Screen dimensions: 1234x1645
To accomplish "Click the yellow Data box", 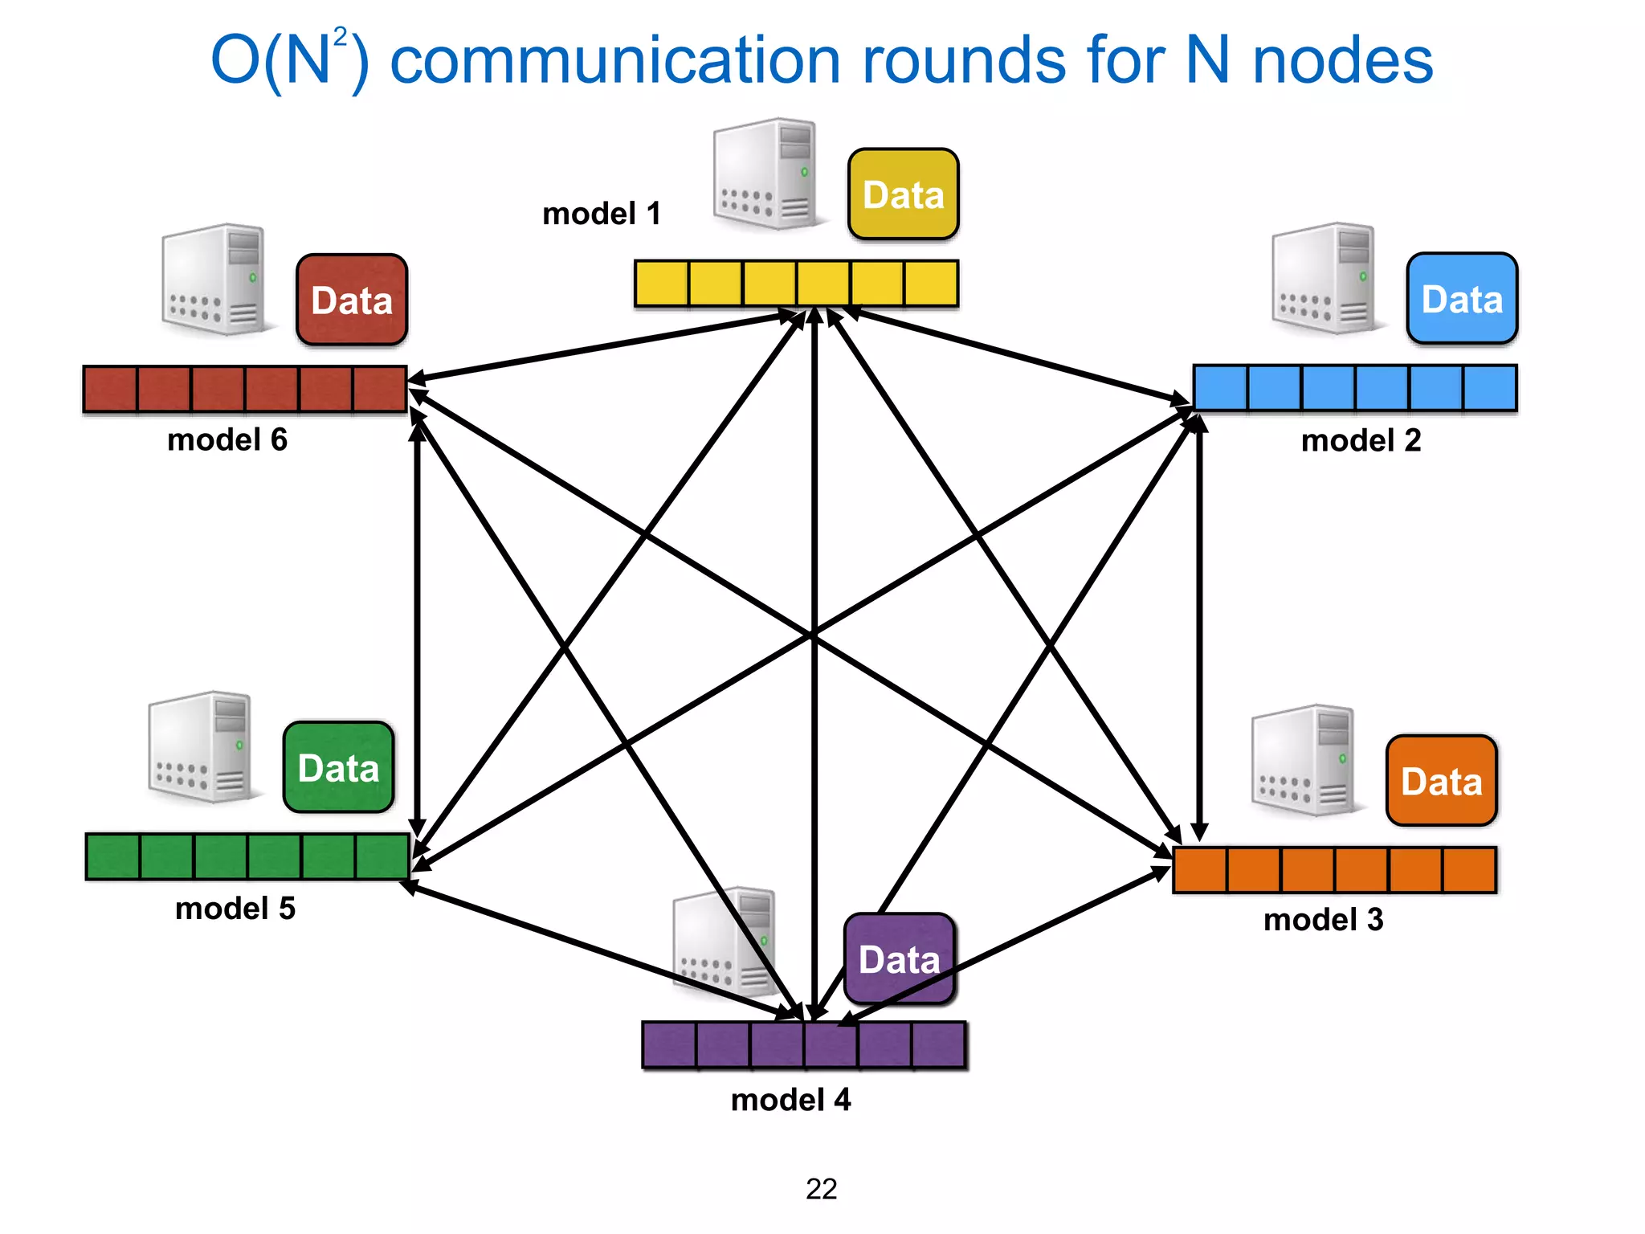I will (903, 194).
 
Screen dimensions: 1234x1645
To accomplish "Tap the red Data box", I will (352, 300).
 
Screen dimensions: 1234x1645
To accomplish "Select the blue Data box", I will (1462, 299).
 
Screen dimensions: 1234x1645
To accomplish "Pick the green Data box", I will (338, 767).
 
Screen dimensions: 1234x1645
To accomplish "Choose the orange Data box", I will (1441, 781).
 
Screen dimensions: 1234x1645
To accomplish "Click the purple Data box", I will (899, 959).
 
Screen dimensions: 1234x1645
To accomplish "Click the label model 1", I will (601, 214).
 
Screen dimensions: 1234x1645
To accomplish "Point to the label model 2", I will (1361, 440).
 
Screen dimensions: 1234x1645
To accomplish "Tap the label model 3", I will (1323, 919).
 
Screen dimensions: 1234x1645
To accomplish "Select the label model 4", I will (790, 1099).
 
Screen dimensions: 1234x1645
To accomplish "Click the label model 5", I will (235, 908).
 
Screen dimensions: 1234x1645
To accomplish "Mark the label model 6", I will (227, 439).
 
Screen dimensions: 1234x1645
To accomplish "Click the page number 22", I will (821, 1188).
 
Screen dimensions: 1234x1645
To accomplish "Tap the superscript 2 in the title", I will (341, 37).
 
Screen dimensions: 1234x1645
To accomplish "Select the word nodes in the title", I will (1342, 61).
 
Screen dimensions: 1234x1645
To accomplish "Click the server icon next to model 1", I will (765, 174).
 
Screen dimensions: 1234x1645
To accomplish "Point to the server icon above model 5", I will (201, 747).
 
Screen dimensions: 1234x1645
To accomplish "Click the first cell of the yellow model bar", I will (662, 283).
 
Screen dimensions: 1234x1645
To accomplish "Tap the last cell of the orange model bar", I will (1469, 869).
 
